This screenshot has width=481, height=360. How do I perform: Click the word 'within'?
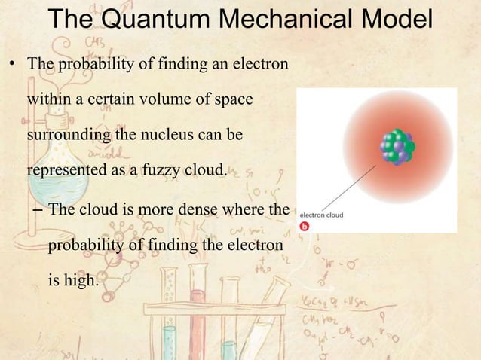click(x=49, y=99)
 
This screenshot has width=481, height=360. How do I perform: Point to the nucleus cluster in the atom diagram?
click(x=395, y=147)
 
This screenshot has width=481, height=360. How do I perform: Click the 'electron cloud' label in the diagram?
click(x=322, y=215)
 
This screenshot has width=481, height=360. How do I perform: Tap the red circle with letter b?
click(x=305, y=226)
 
